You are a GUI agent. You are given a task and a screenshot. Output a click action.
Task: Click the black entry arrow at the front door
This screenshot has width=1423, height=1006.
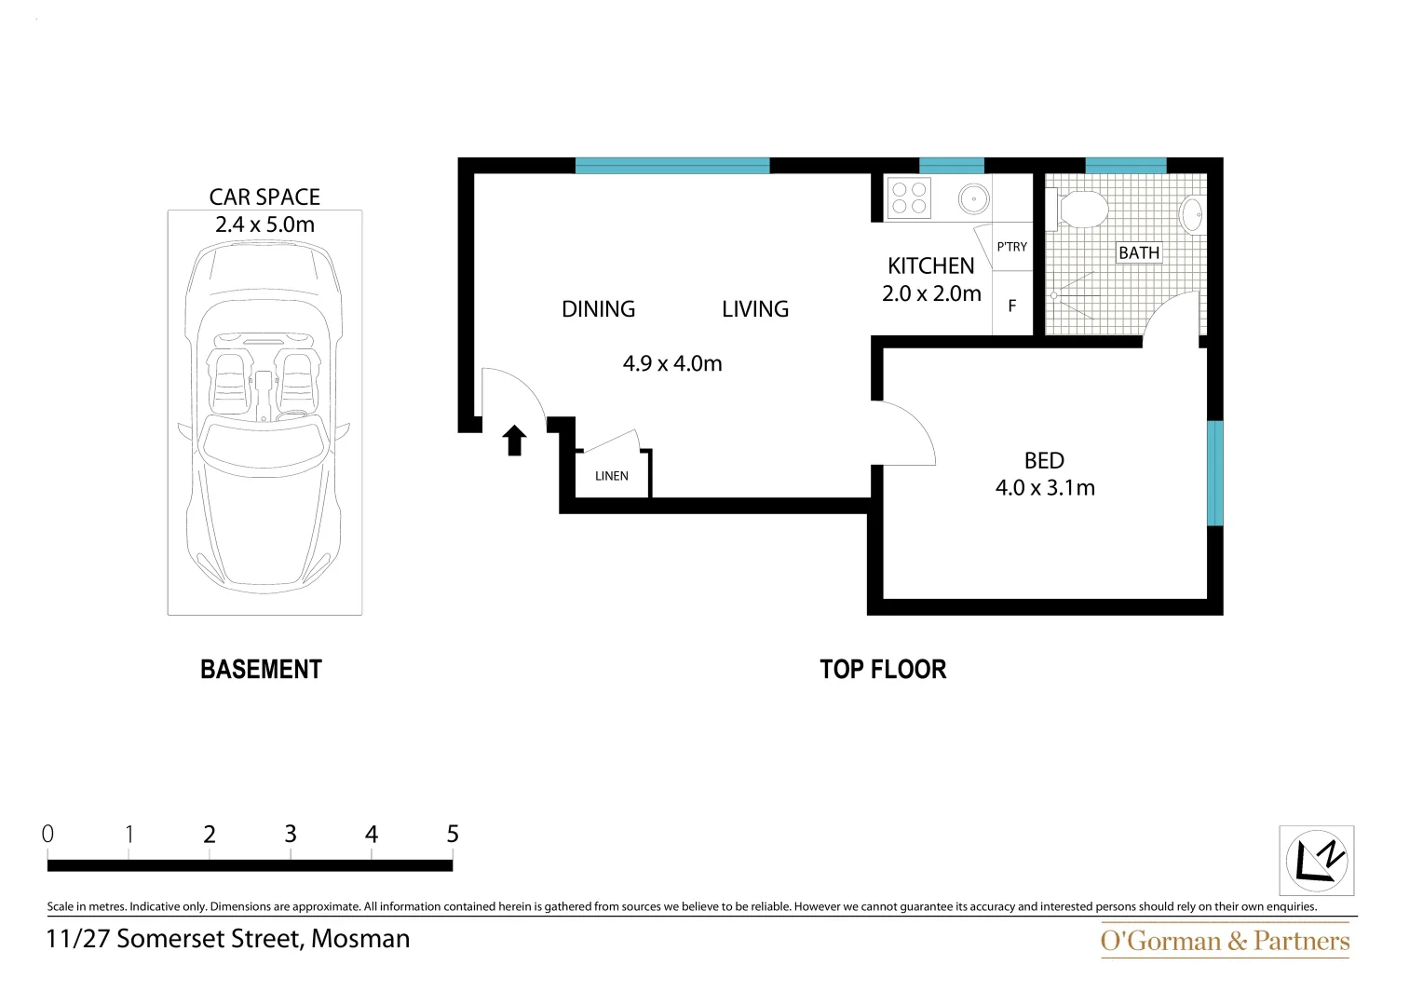point(514,441)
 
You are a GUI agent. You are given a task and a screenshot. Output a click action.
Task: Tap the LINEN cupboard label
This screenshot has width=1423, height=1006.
point(612,476)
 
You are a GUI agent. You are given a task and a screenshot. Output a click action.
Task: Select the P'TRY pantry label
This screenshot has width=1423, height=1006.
point(1011,247)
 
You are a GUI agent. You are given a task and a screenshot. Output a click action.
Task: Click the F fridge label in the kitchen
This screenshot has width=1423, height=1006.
point(1012,306)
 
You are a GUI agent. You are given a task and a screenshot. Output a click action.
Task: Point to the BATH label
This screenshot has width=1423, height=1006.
point(1139,252)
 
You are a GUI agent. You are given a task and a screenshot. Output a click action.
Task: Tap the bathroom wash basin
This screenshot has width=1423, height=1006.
point(1191,213)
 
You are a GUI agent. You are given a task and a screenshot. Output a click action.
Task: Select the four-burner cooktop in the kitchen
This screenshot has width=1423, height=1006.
point(909,197)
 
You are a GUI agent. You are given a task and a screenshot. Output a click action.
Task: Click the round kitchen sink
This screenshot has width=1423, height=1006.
point(973,198)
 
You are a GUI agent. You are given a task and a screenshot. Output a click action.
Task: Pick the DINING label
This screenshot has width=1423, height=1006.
point(598,309)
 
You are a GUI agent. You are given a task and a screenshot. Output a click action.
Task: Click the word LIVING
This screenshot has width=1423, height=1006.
point(754,309)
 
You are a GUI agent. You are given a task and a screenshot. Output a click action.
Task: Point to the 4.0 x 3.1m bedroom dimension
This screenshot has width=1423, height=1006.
point(1045,488)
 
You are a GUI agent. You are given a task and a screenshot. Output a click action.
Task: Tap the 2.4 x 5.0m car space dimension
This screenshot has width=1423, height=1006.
point(264,224)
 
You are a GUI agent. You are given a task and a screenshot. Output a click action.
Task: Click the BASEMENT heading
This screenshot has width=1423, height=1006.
point(261,670)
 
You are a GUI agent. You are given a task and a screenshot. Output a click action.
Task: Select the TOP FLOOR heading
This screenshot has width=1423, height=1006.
point(883,670)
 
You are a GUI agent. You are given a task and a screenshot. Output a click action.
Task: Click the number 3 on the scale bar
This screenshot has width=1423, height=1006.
point(291,835)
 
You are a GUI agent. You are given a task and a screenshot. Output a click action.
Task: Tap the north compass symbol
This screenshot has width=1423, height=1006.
point(1316,860)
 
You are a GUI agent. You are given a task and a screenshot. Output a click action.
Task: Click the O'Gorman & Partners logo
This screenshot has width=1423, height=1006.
point(1225,941)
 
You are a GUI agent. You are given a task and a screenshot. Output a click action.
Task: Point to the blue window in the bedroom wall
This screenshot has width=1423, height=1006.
point(1214,473)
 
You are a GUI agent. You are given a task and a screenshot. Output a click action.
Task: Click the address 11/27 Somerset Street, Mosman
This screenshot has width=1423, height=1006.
point(228,939)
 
